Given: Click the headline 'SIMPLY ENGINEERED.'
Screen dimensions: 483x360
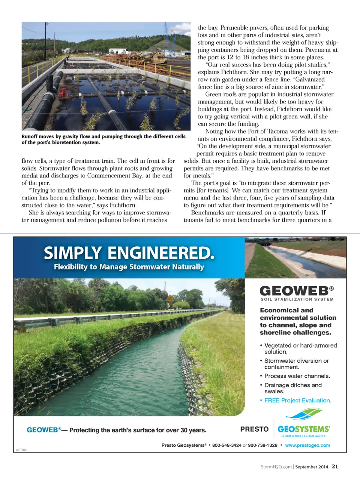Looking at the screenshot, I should (x=129, y=253).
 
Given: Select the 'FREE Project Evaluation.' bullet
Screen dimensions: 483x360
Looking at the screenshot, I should (x=298, y=400).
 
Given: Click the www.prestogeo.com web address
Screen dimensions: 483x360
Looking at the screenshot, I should (x=307, y=445).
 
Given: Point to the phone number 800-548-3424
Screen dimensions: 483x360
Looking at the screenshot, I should (x=227, y=445).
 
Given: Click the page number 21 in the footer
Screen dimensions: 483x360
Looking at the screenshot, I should (x=335, y=466).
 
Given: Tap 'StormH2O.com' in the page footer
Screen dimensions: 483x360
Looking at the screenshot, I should (x=276, y=467).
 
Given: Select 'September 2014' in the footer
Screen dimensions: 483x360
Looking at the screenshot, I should (x=311, y=467).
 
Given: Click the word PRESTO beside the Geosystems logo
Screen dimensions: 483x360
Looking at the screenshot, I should (x=254, y=429).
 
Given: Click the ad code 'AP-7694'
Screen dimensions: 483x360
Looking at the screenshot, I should (x=21, y=450).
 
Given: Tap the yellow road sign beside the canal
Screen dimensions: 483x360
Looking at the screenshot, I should (x=170, y=300).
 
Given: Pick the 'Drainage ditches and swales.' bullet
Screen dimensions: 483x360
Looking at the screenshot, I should (x=293, y=388).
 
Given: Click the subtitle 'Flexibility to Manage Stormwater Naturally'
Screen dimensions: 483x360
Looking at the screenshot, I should (x=129, y=267).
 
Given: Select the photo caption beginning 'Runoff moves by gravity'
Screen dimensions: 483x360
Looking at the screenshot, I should (x=103, y=139).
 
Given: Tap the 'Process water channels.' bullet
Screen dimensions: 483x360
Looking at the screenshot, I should (x=297, y=376).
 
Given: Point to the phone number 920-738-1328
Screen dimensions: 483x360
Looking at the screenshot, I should (x=262, y=445).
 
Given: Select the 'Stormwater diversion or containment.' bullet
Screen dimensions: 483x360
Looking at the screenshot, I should (x=296, y=364).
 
